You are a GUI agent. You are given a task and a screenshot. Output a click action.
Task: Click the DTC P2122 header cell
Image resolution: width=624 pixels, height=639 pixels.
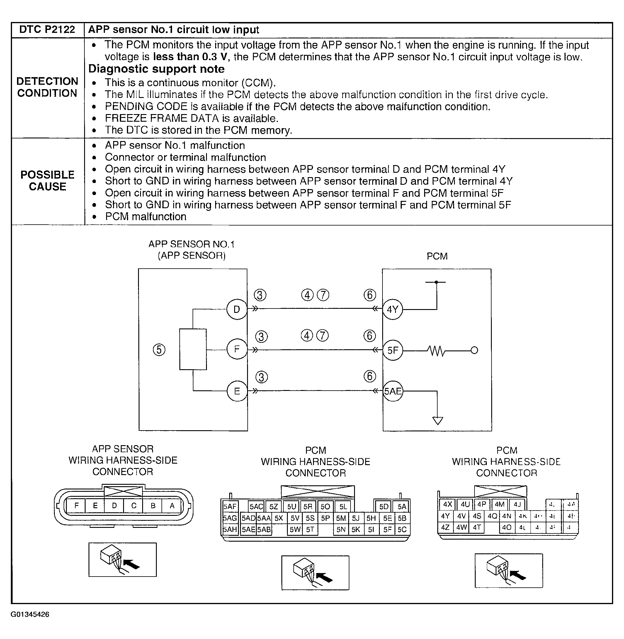pyautogui.click(x=47, y=30)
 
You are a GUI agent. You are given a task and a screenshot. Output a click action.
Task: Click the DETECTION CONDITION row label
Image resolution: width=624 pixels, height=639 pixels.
pyautogui.click(x=47, y=87)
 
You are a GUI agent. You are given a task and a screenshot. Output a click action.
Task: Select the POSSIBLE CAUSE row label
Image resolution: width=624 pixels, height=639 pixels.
pyautogui.click(x=47, y=181)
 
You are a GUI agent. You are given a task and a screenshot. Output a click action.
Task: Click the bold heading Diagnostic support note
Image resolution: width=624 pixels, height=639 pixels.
pyautogui.click(x=156, y=69)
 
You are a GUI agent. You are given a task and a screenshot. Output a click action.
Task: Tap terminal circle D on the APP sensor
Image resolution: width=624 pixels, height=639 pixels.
pyautogui.click(x=237, y=309)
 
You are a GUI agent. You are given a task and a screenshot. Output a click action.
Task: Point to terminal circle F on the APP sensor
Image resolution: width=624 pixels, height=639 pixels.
pyautogui.click(x=237, y=350)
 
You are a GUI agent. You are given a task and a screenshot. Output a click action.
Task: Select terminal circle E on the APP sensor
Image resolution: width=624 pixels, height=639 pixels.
pyautogui.click(x=237, y=391)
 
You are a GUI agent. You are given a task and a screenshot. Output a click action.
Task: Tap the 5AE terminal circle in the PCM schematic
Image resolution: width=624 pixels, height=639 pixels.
pyautogui.click(x=393, y=391)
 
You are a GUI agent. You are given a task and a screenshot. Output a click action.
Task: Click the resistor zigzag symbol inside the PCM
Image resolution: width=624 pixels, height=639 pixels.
pyautogui.click(x=436, y=351)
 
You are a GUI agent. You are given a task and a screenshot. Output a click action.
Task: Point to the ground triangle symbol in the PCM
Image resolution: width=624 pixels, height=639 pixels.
pyautogui.click(x=438, y=420)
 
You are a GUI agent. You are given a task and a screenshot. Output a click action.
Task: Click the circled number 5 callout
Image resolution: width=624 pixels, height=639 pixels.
pyautogui.click(x=159, y=350)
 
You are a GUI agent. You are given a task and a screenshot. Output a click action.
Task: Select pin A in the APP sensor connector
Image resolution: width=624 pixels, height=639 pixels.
pyautogui.click(x=172, y=506)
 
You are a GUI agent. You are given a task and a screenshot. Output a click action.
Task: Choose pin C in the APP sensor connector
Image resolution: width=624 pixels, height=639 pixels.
pyautogui.click(x=134, y=506)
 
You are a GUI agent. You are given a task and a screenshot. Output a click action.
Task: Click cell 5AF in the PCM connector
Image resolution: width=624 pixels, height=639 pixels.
pyautogui.click(x=230, y=506)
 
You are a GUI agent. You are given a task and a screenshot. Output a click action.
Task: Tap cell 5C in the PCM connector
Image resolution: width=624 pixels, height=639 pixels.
pyautogui.click(x=402, y=530)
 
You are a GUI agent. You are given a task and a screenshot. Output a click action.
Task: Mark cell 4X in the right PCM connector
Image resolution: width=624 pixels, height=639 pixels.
pyautogui.click(x=447, y=504)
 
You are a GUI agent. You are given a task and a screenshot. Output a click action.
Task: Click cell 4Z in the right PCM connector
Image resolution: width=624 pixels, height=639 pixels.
pyautogui.click(x=445, y=528)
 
